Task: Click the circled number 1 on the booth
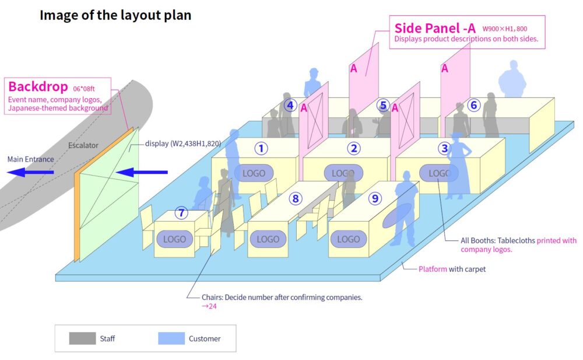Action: tap(262, 148)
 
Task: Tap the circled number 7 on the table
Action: tap(182, 213)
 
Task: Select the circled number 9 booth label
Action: tap(375, 198)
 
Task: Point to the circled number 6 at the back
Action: tap(473, 105)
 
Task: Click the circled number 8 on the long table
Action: tap(296, 198)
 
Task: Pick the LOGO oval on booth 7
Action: tap(174, 239)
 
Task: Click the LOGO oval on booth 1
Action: tap(254, 173)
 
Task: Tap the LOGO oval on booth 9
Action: tap(348, 239)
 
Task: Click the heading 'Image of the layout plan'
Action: tap(115, 15)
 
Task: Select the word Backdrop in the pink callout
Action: tap(38, 87)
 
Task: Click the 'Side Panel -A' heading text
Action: tap(435, 28)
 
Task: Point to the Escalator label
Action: tap(83, 145)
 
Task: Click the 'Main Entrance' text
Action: tap(30, 159)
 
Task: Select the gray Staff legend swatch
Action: tap(82, 338)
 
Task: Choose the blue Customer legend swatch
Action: tap(171, 338)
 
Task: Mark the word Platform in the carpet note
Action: tap(433, 269)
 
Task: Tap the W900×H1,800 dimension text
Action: tap(505, 29)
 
